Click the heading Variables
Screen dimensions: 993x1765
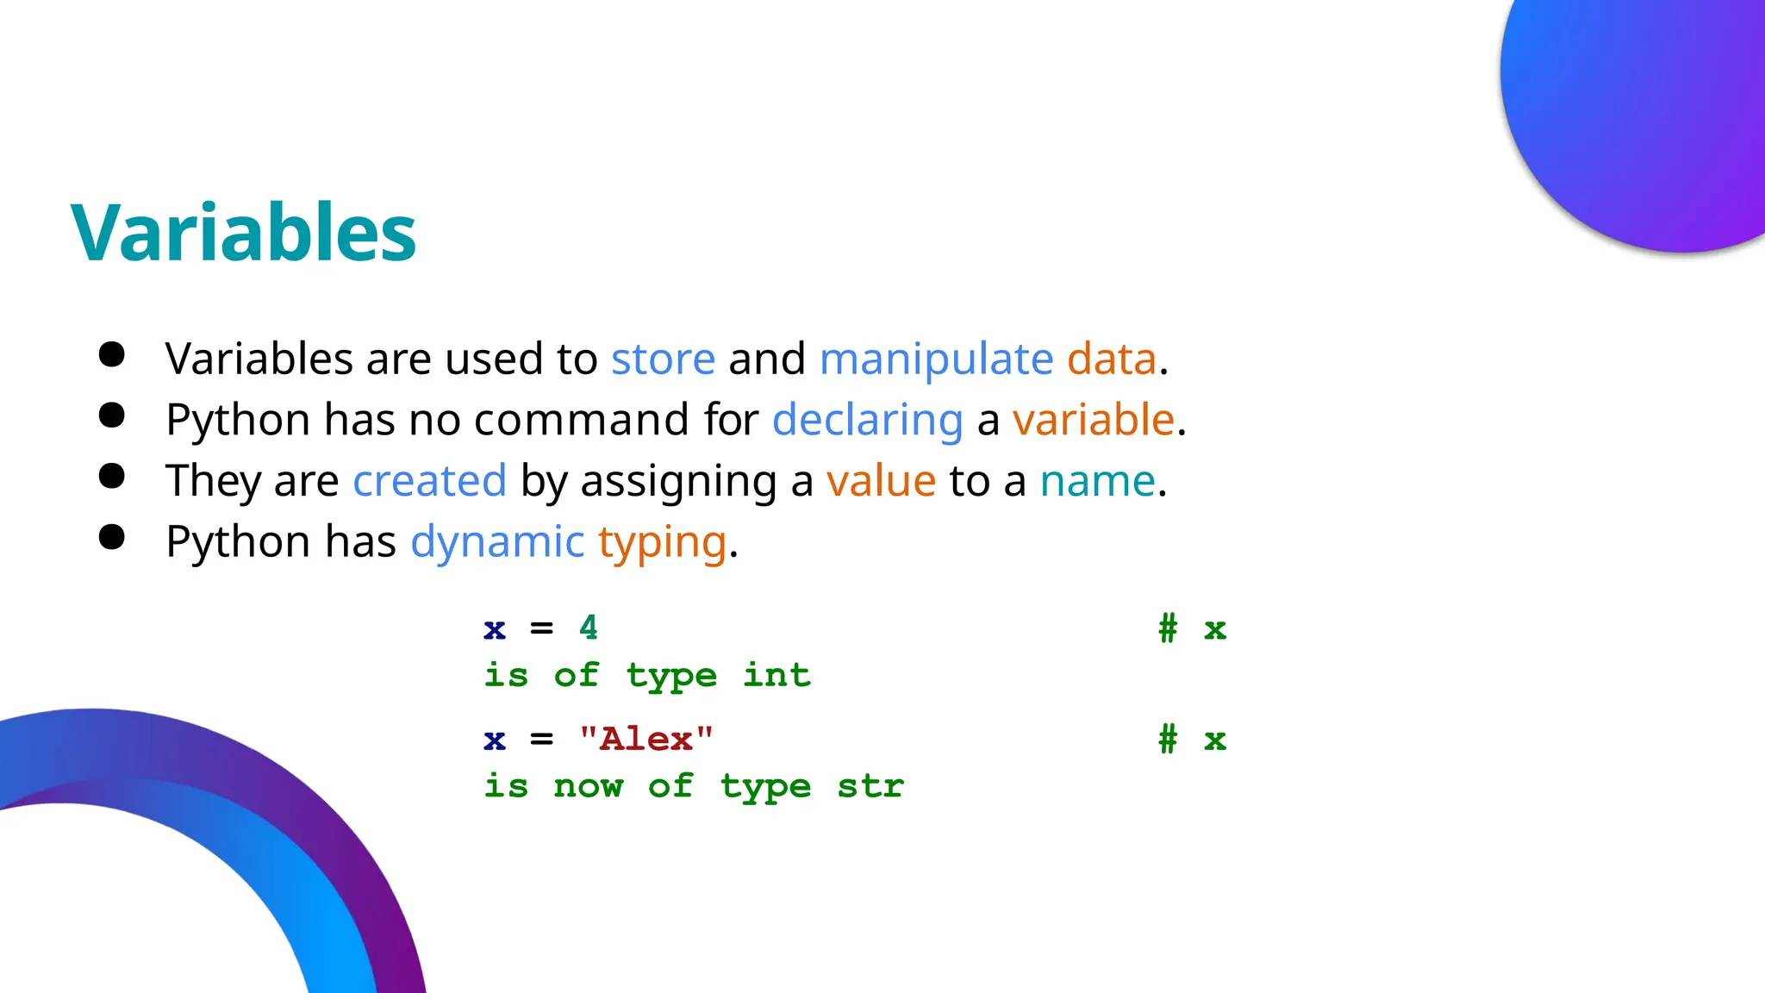(x=243, y=233)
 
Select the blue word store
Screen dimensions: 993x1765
(x=663, y=359)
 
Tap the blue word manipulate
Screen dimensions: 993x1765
(x=936, y=359)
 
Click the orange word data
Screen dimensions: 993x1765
(x=1111, y=359)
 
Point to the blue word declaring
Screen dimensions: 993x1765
(x=867, y=420)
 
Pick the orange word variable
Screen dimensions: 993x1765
(x=1093, y=420)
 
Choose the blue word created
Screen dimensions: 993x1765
(x=429, y=481)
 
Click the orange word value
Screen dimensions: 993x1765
(x=881, y=481)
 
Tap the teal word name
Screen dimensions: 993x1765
(x=1097, y=481)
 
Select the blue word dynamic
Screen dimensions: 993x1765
(x=497, y=542)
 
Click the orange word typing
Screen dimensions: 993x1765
(x=662, y=542)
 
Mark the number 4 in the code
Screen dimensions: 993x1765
(x=589, y=628)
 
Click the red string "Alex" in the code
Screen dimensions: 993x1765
(x=646, y=739)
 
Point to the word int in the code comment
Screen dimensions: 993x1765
(x=776, y=675)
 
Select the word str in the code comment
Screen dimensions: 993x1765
(x=870, y=785)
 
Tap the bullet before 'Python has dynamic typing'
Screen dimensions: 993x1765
(x=112, y=537)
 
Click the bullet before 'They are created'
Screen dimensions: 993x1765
(x=112, y=476)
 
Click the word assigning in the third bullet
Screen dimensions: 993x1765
(x=679, y=481)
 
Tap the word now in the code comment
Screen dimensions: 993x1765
(x=588, y=785)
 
